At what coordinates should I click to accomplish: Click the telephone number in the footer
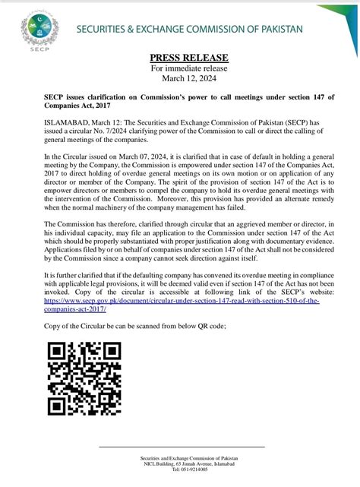tap(179, 469)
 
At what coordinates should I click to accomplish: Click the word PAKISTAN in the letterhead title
tap(276, 28)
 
